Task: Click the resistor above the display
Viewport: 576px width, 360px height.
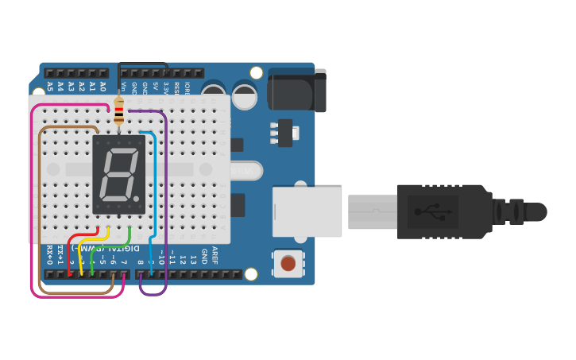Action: click(x=119, y=111)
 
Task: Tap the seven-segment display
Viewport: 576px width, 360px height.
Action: click(x=119, y=174)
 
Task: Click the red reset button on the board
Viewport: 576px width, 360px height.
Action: click(x=288, y=262)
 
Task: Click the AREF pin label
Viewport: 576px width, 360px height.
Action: click(x=215, y=256)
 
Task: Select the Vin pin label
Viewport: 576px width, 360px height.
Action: click(x=124, y=86)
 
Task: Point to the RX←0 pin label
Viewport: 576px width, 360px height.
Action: click(x=49, y=256)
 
